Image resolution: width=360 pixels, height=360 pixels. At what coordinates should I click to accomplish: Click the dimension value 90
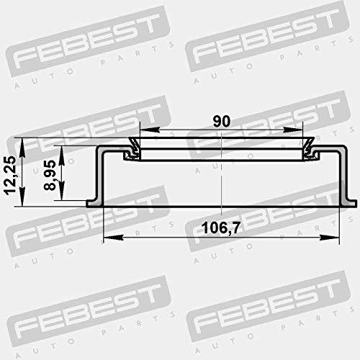(x=222, y=121)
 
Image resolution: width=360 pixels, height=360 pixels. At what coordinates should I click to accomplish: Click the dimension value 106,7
(x=221, y=228)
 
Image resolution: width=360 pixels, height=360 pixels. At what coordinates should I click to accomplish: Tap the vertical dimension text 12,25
(x=10, y=175)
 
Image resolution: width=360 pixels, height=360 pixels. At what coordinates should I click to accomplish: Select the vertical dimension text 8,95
(x=50, y=176)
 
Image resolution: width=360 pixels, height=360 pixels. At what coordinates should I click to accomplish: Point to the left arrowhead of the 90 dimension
(x=150, y=130)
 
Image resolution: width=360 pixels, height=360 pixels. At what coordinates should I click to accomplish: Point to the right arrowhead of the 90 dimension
(x=293, y=130)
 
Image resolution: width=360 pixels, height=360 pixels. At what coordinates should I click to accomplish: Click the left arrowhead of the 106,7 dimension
(x=113, y=238)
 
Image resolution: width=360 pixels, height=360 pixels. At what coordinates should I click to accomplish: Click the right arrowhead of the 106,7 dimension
(x=330, y=238)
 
